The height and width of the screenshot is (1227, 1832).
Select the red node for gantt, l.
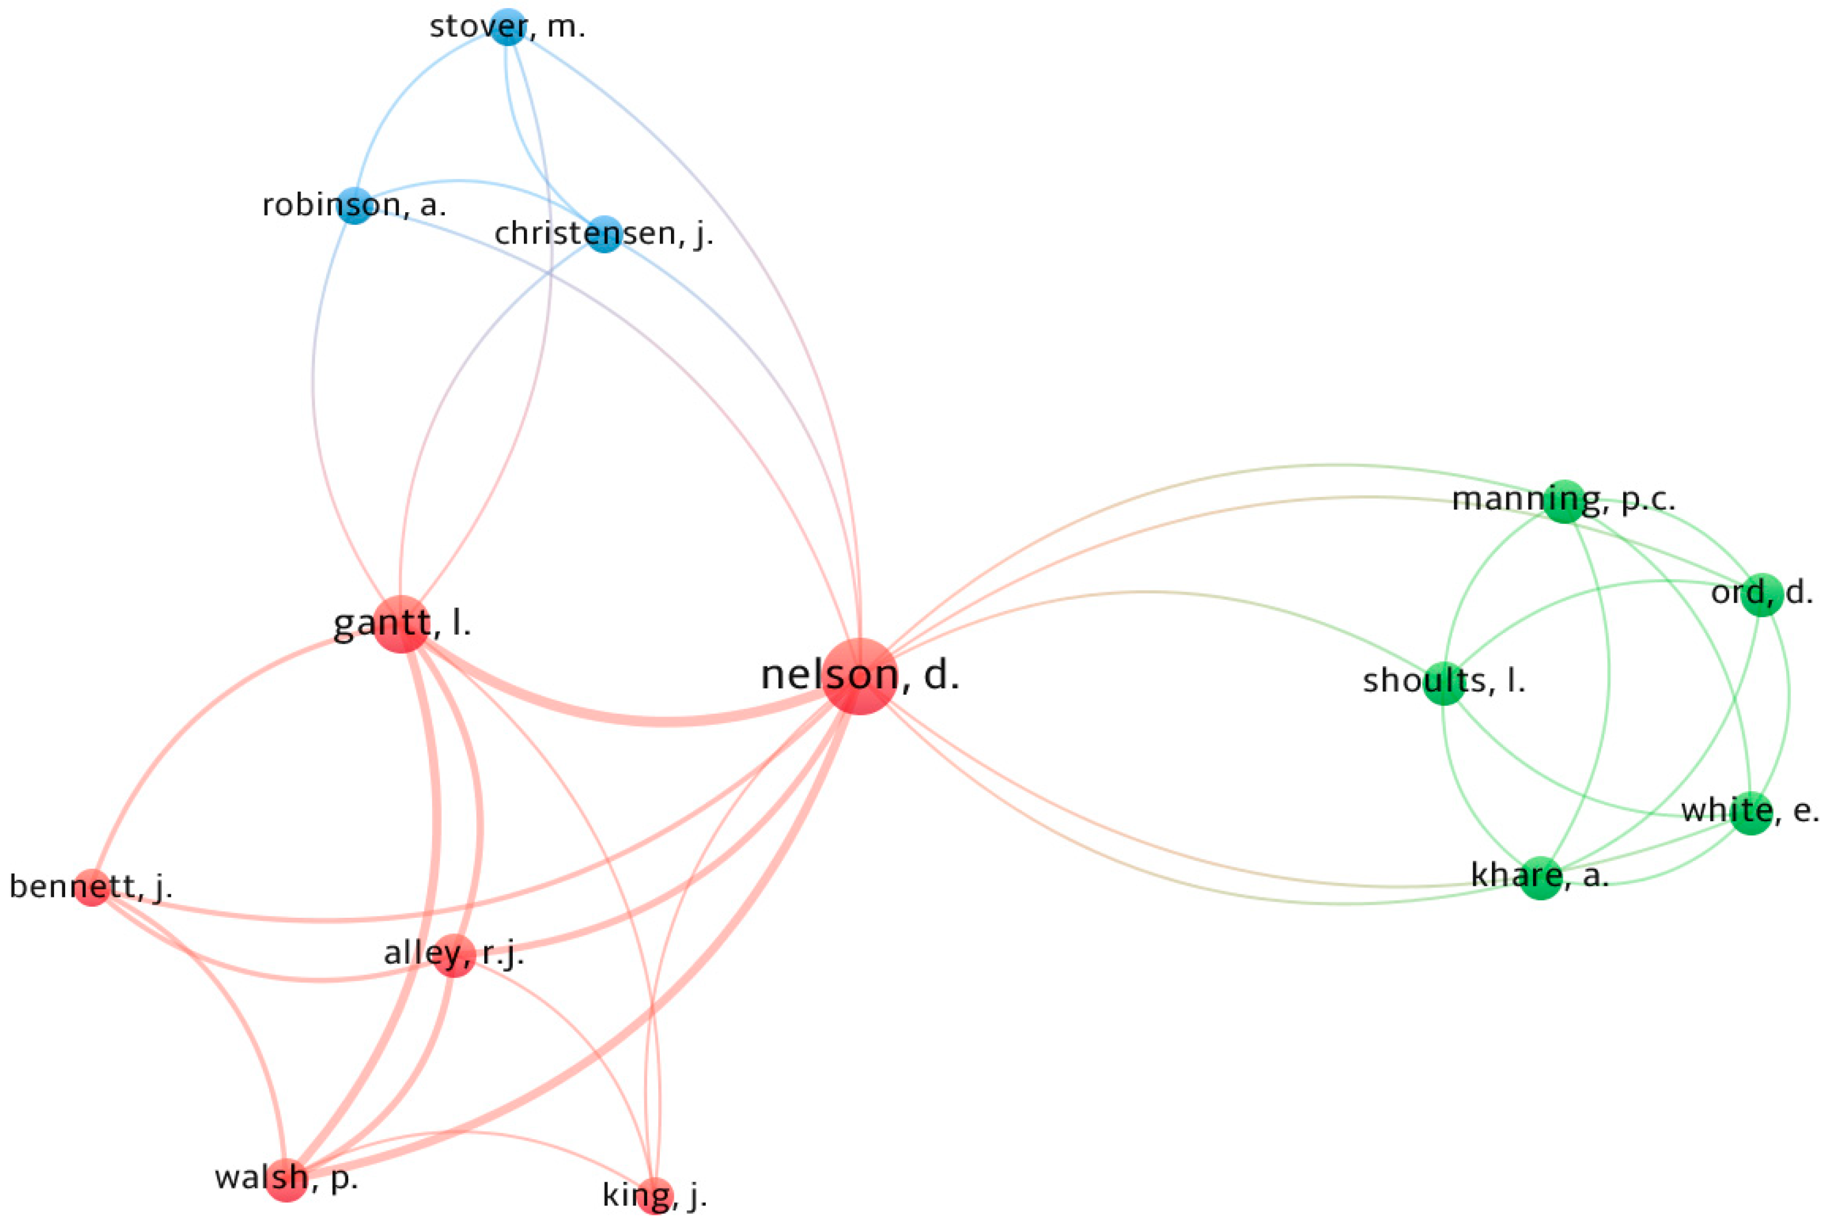pyautogui.click(x=402, y=624)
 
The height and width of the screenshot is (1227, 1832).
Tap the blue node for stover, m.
pyautogui.click(x=508, y=27)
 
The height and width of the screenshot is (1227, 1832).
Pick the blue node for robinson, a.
pyautogui.click(x=356, y=206)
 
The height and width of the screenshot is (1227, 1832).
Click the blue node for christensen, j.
pyautogui.click(x=603, y=234)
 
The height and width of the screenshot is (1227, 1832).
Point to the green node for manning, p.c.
pyautogui.click(x=1563, y=502)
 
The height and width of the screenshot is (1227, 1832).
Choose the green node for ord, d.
pyautogui.click(x=1762, y=595)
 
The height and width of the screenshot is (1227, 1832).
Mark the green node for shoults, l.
pyautogui.click(x=1444, y=683)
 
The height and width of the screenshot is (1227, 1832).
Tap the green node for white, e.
pyautogui.click(x=1751, y=813)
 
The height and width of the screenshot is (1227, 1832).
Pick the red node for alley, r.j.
pyautogui.click(x=454, y=954)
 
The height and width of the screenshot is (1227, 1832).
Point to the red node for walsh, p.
pyautogui.click(x=287, y=1179)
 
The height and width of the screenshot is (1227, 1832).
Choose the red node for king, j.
pyautogui.click(x=655, y=1195)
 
